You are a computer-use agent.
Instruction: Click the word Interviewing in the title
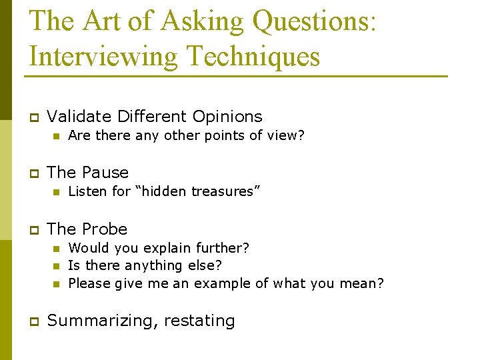[103, 56]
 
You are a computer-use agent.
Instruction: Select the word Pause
[105, 173]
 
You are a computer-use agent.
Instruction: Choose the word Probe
[104, 229]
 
